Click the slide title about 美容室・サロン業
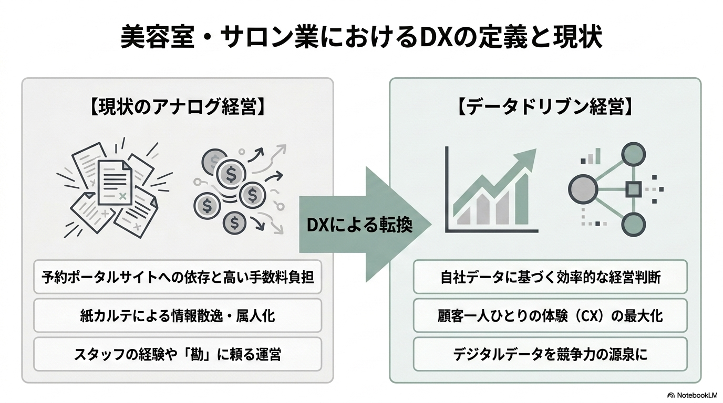coord(361,37)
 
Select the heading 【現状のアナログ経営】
coord(178,107)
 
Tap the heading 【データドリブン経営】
coord(545,107)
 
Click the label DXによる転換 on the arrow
coord(359,225)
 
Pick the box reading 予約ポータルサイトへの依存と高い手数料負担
coord(178,277)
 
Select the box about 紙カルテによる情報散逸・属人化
coord(178,315)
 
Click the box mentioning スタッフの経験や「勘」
coord(178,354)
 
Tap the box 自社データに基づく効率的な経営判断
coord(550,277)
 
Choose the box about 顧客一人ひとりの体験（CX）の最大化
coord(550,315)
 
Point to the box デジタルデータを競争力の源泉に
coord(550,354)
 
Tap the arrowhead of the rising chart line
coord(525,158)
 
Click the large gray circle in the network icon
coord(583,189)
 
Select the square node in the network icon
coord(633,189)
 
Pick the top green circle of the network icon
coord(633,154)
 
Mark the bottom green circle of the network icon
coord(633,225)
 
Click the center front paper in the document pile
coord(115,183)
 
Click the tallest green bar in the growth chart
coord(522,200)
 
